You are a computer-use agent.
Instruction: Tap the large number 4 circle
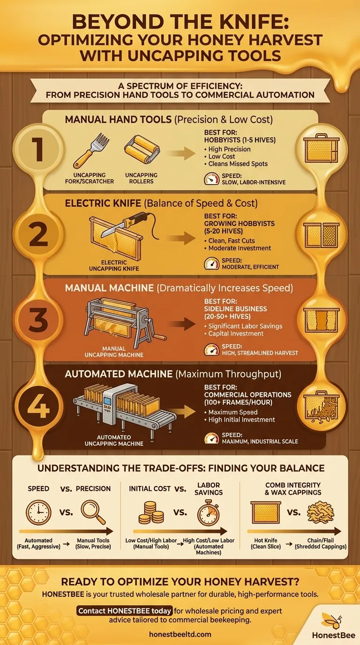38,406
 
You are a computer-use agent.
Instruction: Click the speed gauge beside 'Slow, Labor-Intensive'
212,179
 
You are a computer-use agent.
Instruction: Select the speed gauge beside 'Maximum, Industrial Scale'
212,438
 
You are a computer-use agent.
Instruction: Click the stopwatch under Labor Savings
209,513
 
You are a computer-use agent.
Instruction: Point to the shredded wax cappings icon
321,512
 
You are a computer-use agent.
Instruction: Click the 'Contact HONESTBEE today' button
125,611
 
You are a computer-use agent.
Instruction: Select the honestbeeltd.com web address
180,634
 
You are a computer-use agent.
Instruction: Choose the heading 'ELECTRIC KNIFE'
103,203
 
